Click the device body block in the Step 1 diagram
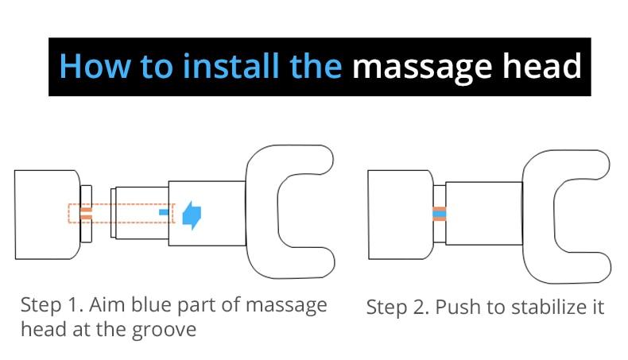point(48,212)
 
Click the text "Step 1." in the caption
point(53,305)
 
